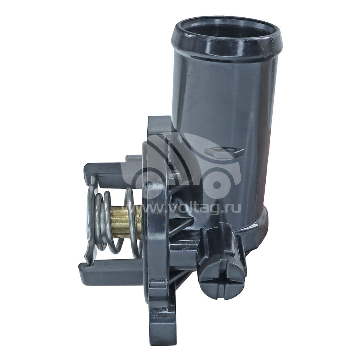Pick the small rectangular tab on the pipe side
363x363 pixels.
(x=224, y=152)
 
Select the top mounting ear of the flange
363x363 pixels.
(x=160, y=127)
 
